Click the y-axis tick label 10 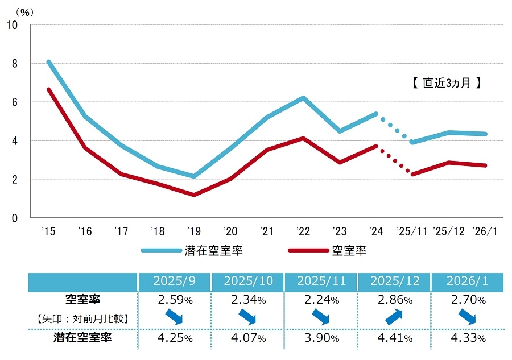click(12, 25)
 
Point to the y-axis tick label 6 click(14, 102)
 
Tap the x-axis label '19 click(193, 231)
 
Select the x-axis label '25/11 click(411, 231)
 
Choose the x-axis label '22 click(303, 231)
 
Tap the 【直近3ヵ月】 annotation click(447, 83)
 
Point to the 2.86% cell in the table click(394, 299)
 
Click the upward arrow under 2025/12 click(394, 317)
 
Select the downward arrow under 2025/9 click(174, 317)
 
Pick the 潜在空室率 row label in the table click(83, 338)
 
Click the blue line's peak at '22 click(303, 98)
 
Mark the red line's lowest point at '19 click(194, 195)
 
